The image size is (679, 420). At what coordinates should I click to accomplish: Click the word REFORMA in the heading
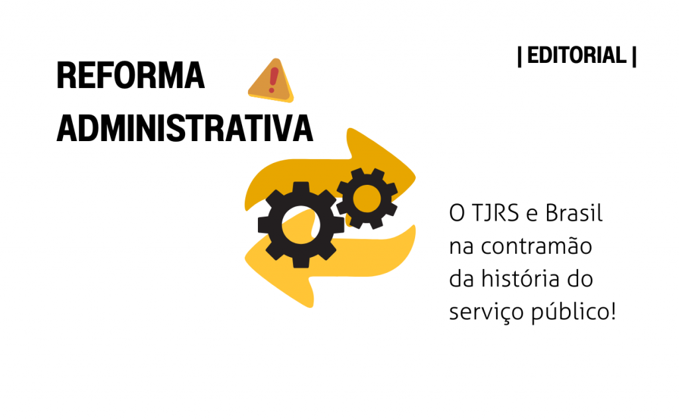click(x=131, y=76)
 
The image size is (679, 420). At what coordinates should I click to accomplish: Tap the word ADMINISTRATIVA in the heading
click(x=184, y=129)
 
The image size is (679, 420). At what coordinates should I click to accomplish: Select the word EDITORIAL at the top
click(x=577, y=56)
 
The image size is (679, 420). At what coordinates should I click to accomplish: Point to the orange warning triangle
click(x=271, y=81)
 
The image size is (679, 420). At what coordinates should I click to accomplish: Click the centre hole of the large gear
click(x=301, y=225)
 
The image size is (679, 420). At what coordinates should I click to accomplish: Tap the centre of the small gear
click(x=367, y=199)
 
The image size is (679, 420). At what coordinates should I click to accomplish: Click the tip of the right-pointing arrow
click(x=415, y=176)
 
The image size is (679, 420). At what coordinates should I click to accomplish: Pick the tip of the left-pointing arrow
click(x=245, y=258)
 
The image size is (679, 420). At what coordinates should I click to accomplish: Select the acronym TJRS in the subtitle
click(x=495, y=213)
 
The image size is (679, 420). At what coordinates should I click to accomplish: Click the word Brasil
click(x=574, y=213)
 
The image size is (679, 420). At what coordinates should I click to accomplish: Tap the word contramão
click(x=536, y=246)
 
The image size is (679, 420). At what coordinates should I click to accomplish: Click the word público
click(x=570, y=311)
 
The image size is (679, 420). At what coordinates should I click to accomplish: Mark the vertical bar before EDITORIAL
click(x=520, y=56)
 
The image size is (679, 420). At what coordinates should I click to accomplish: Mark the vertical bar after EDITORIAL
click(x=634, y=56)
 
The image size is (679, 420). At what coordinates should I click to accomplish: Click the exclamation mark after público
click(x=613, y=311)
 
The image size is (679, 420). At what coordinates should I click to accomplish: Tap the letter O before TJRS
click(x=457, y=213)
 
